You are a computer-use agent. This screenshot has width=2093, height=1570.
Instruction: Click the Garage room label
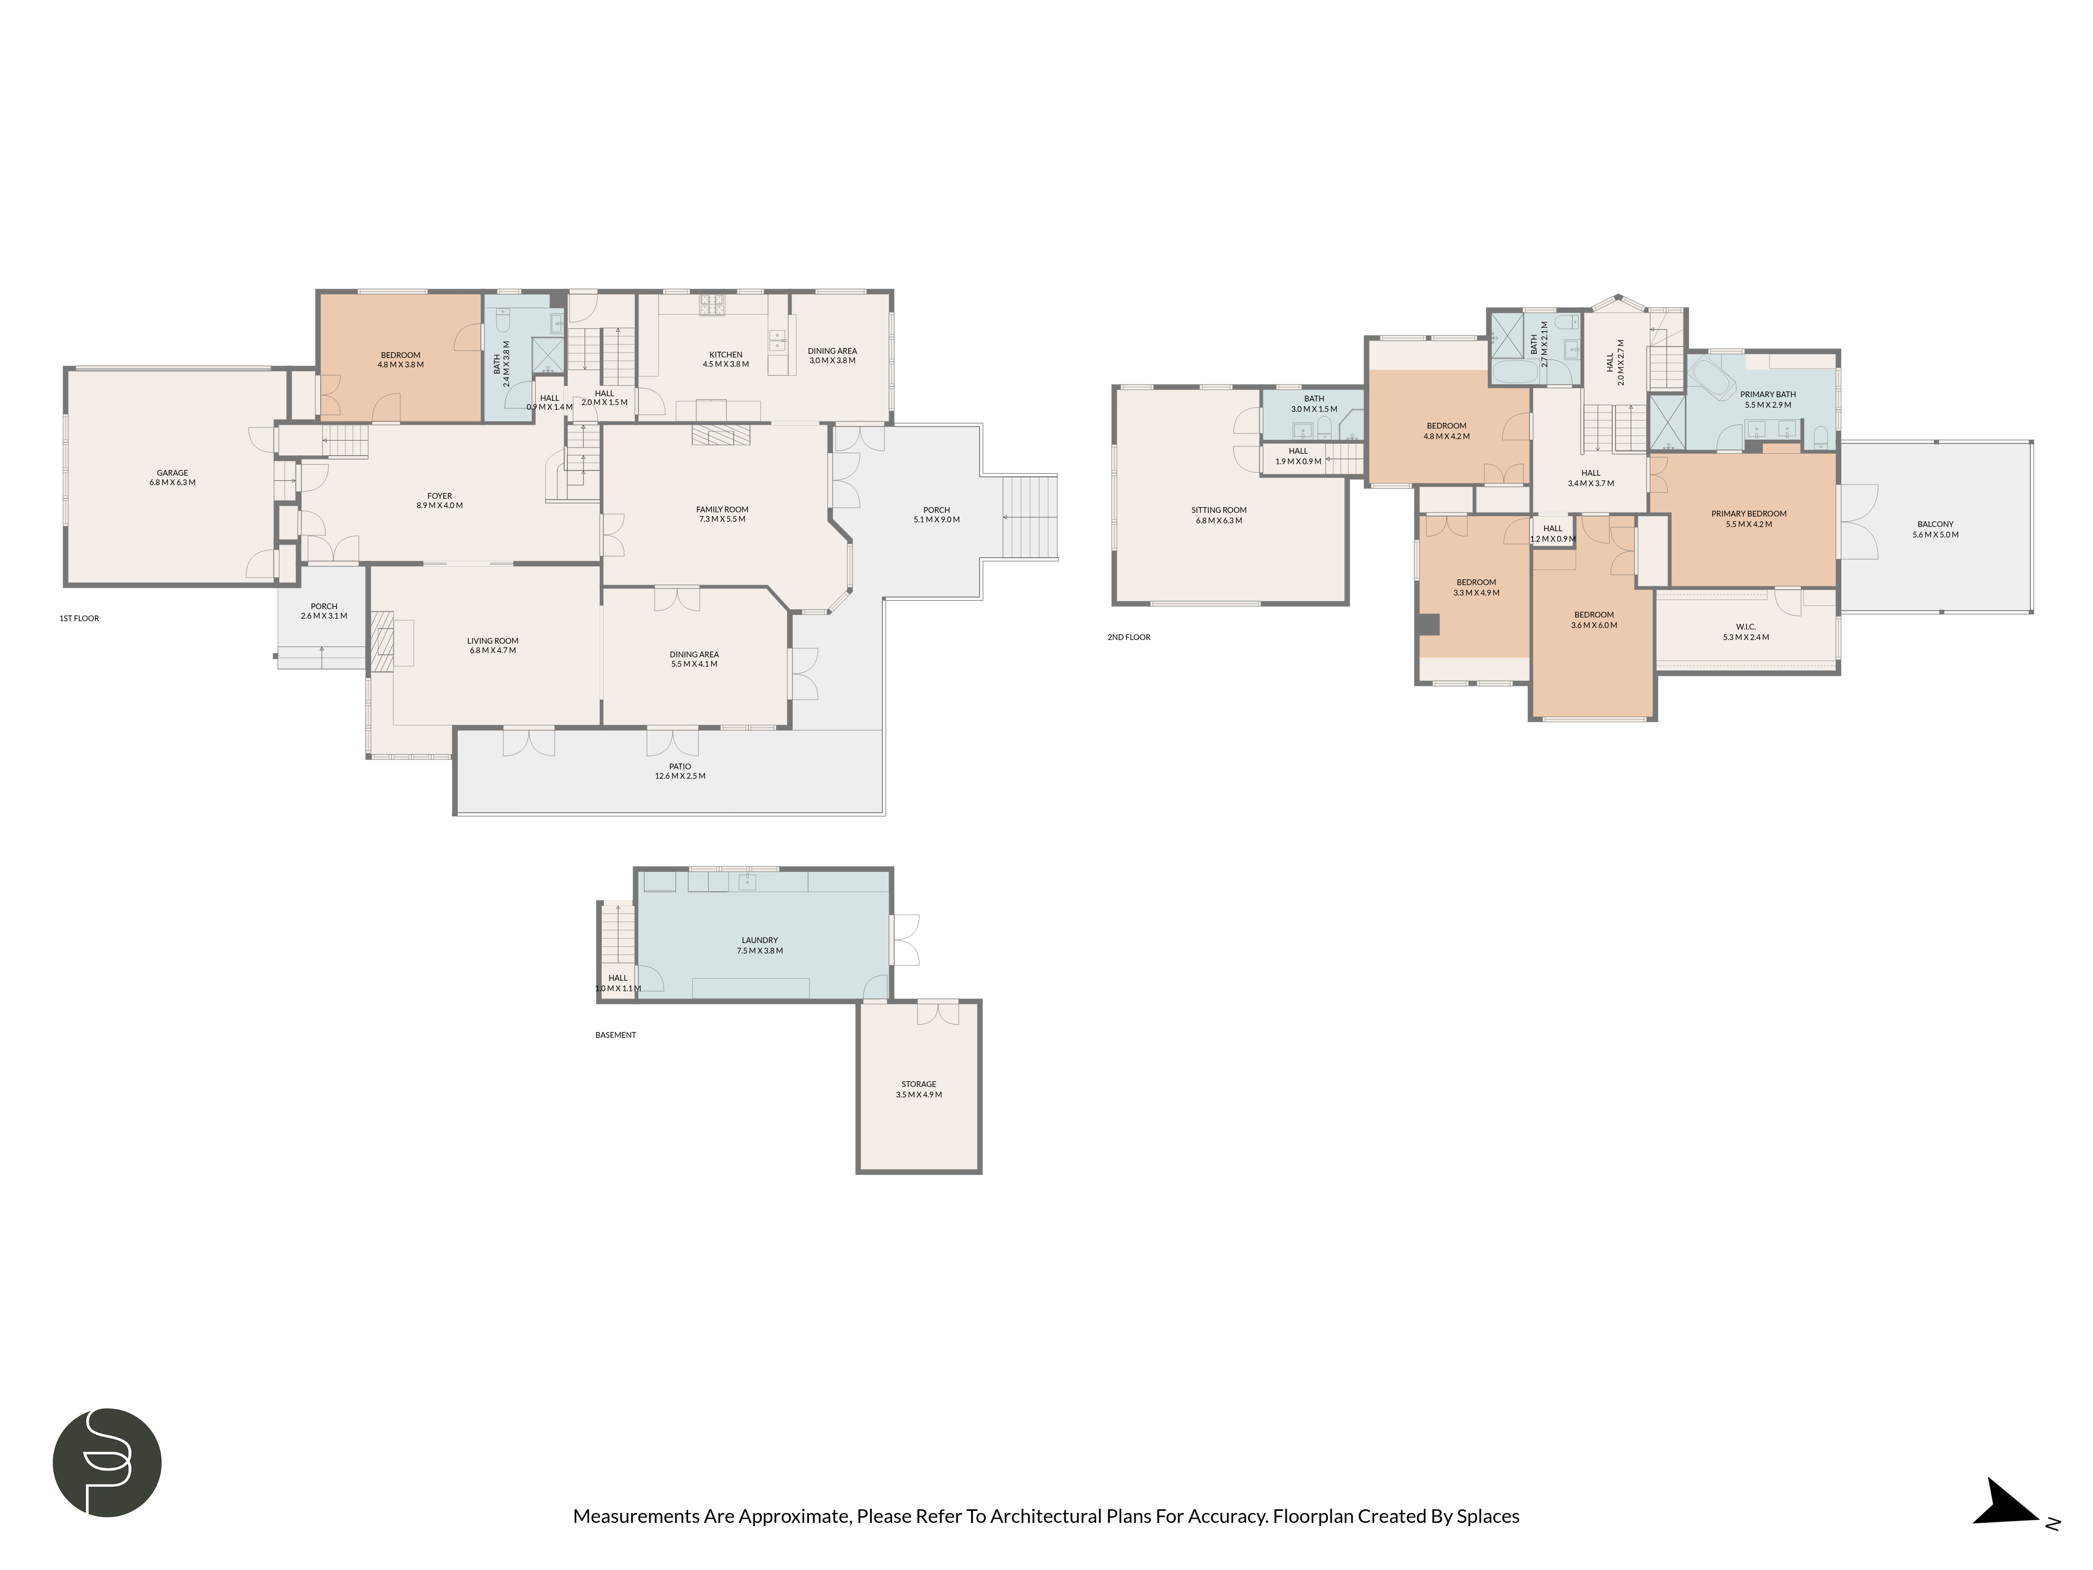coord(172,472)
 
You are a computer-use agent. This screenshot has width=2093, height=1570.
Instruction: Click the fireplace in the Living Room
coord(382,641)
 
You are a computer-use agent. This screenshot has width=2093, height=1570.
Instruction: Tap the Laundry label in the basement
coord(760,940)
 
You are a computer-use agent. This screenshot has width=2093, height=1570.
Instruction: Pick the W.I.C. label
coord(1746,626)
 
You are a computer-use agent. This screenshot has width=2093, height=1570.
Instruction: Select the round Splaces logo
coord(107,1462)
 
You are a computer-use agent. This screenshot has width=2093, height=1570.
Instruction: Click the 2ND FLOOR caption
coord(1129,637)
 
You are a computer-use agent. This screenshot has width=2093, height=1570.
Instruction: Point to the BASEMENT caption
coord(615,1034)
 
